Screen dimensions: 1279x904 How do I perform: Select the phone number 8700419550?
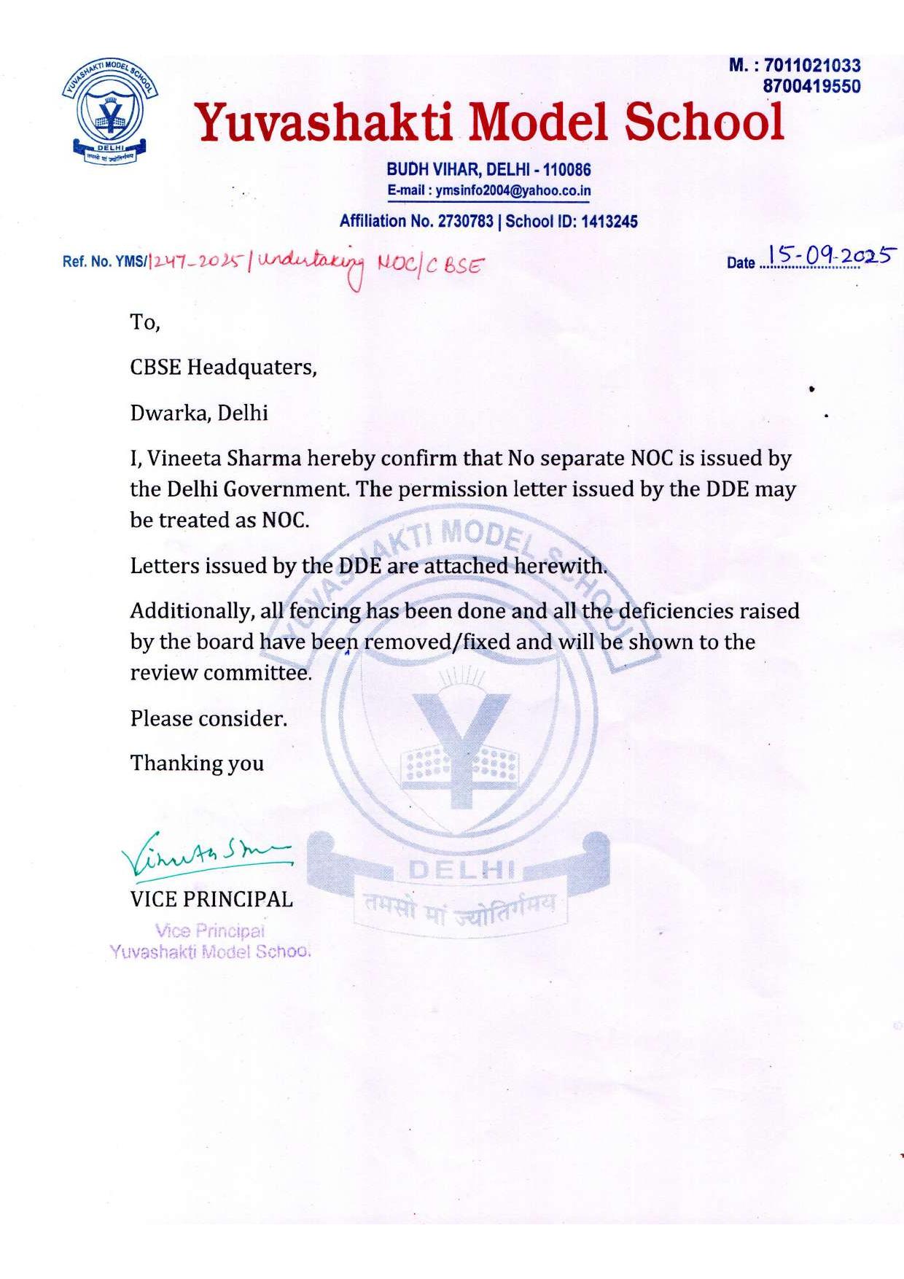[811, 86]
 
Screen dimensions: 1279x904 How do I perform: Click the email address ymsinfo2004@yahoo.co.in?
[513, 191]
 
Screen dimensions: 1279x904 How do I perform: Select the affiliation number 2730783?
[465, 222]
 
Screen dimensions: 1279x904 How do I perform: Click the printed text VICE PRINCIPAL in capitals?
[211, 899]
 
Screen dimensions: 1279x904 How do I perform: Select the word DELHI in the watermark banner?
[462, 870]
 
